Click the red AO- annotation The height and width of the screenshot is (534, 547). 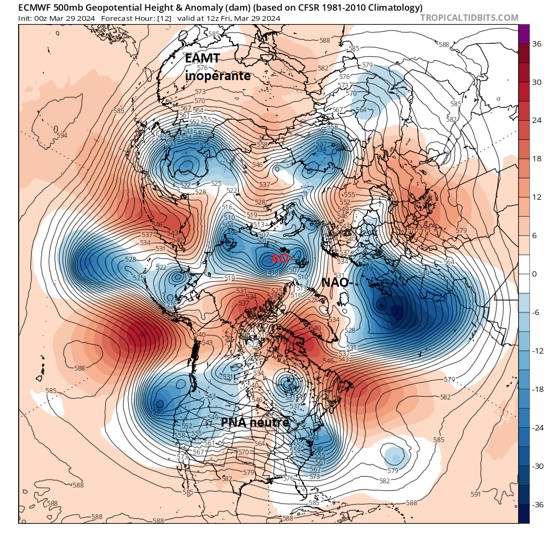(x=282, y=258)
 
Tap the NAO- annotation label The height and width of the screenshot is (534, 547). (x=335, y=282)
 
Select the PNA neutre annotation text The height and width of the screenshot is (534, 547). (x=255, y=422)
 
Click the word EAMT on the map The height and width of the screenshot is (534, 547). (x=202, y=59)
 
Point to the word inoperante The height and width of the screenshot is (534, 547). (x=218, y=76)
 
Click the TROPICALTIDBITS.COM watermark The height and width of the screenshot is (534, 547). (x=469, y=18)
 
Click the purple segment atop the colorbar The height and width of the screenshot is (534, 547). (x=524, y=33)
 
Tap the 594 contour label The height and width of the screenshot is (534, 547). (x=62, y=135)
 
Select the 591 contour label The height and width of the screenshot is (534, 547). (x=475, y=494)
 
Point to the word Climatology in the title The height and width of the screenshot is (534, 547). (x=394, y=7)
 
